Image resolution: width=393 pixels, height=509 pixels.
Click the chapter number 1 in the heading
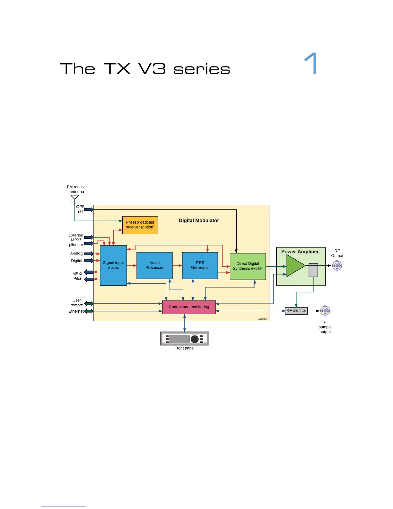311,63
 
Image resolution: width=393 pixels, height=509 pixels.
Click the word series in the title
202,69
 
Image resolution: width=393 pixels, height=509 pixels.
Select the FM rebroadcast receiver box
140,225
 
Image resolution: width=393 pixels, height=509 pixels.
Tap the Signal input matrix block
113,265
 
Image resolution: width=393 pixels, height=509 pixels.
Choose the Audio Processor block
154,265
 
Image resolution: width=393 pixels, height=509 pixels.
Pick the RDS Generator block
200,265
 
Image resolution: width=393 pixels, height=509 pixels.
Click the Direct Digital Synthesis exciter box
248,266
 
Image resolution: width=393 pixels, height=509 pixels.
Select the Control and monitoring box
189,307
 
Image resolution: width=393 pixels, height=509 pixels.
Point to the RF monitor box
296,311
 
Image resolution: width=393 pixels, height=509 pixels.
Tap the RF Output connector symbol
337,266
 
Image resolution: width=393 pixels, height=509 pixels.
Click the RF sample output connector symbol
325,311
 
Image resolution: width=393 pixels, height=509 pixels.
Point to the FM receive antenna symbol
74,198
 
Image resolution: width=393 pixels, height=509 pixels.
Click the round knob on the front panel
195,339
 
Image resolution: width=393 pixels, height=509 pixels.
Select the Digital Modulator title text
199,220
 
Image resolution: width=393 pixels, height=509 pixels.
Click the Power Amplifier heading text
300,252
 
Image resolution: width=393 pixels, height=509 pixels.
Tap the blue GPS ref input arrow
89,210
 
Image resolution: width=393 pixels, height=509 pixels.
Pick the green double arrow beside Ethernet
89,311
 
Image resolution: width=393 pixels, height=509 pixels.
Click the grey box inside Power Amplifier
313,270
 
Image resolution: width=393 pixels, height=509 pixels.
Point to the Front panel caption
184,348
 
